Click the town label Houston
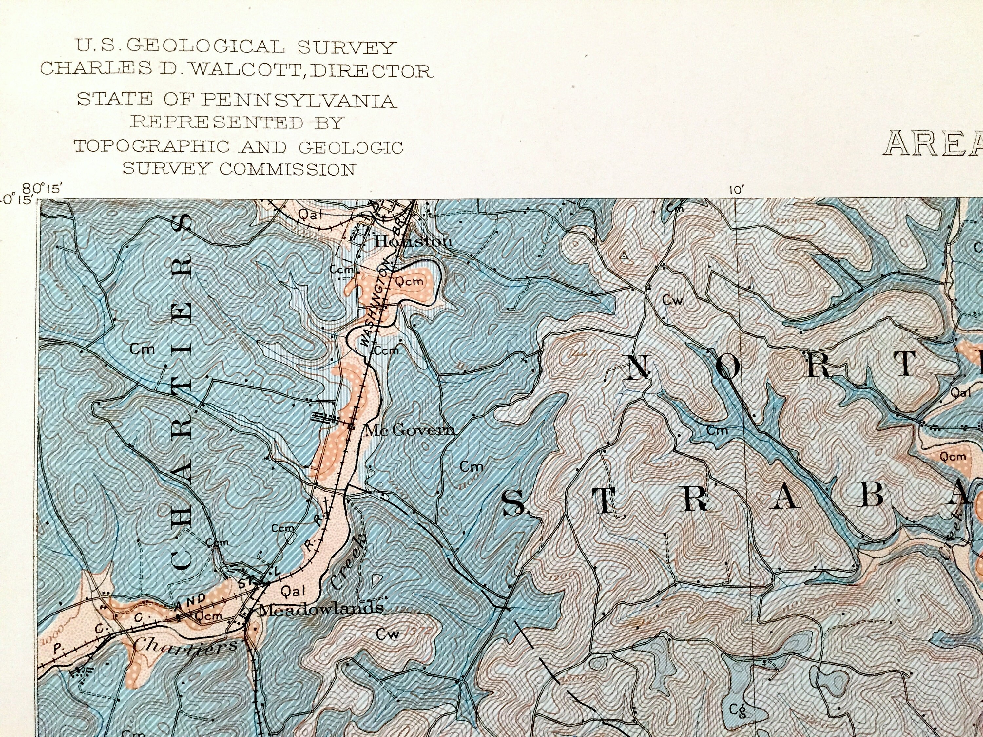[x=413, y=241]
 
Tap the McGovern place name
[x=409, y=430]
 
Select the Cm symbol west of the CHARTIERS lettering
[x=142, y=349]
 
